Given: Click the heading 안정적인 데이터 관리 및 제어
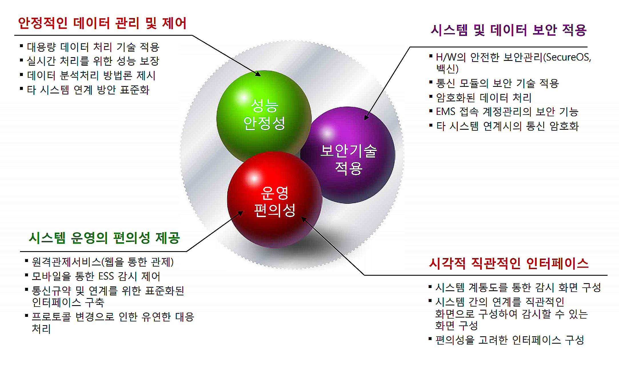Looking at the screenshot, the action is tap(102, 23).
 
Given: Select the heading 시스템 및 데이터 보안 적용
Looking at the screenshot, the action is tap(508, 30).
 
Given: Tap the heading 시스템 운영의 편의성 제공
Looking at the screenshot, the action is tap(104, 238).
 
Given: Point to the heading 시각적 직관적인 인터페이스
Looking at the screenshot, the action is tap(509, 263).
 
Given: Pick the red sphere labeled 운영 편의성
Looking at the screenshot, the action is tap(275, 200).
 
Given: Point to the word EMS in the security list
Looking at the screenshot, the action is tap(446, 111).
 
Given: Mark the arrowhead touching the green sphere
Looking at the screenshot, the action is tap(258, 74).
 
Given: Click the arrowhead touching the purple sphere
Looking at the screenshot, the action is tap(367, 117).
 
